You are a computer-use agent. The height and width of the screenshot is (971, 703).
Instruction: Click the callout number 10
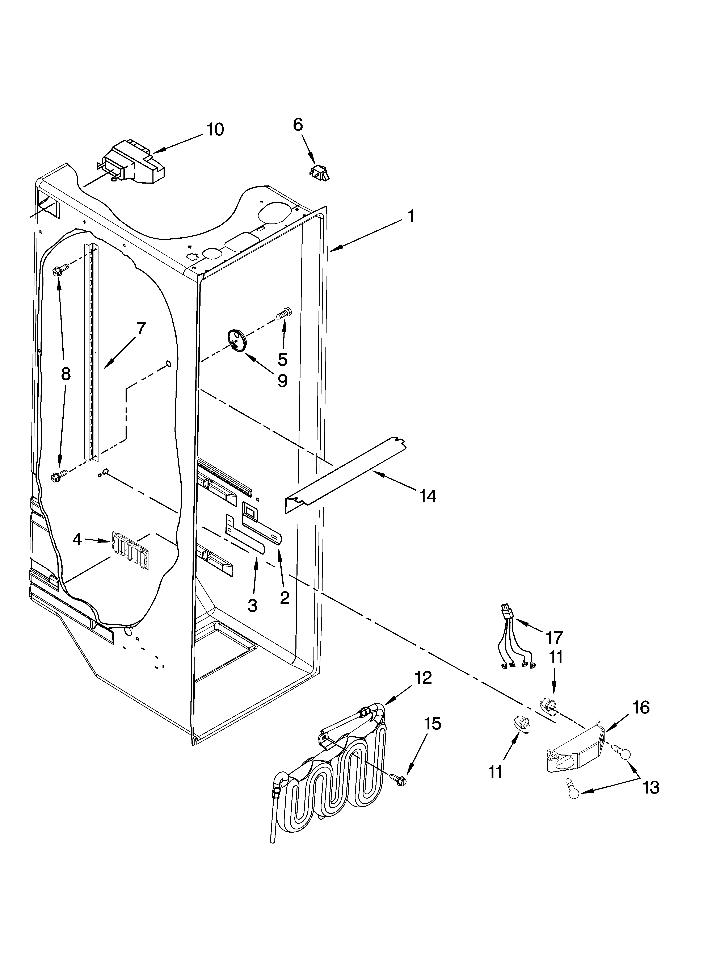pyautogui.click(x=215, y=129)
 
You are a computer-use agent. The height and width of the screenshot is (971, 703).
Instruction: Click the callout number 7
pyautogui.click(x=141, y=328)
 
